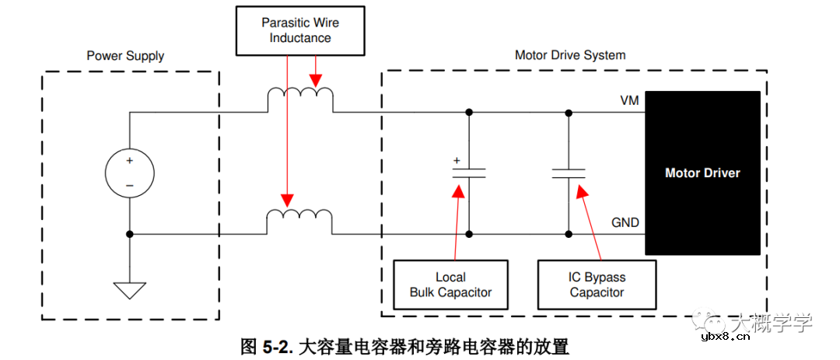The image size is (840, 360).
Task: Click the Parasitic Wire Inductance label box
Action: tap(300, 30)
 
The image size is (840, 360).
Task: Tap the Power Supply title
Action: tap(125, 56)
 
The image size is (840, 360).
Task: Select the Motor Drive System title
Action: tap(570, 55)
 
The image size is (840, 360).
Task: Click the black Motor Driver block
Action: tap(702, 173)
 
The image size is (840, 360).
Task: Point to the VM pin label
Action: tap(629, 101)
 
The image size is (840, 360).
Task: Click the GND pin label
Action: tap(625, 223)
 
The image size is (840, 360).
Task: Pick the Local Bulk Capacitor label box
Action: tap(450, 285)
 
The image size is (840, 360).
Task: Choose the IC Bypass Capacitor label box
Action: tap(597, 285)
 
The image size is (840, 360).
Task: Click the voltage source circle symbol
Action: tap(130, 173)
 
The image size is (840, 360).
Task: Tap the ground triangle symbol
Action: tap(130, 290)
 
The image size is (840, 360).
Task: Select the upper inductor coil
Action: tap(300, 100)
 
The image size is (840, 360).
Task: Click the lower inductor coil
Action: tap(300, 221)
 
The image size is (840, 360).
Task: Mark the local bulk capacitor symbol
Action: tap(469, 173)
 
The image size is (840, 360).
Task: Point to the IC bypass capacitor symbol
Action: tap(569, 173)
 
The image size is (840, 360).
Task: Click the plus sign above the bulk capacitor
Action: tap(457, 161)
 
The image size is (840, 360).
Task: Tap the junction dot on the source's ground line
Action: tap(130, 233)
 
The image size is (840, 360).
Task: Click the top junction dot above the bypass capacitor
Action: tap(569, 113)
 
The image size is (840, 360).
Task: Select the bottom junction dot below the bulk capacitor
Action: tap(469, 233)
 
